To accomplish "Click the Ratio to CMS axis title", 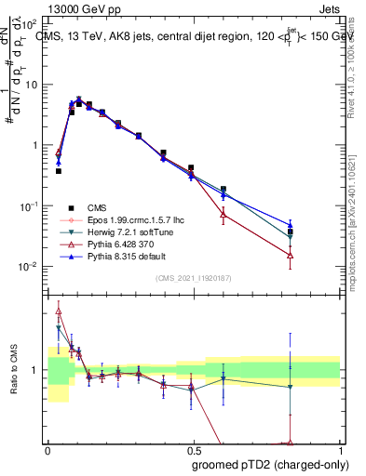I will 13,370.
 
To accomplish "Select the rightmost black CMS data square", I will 291,232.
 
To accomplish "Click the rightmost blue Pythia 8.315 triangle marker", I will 291,225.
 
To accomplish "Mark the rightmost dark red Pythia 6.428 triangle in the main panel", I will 291,255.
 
